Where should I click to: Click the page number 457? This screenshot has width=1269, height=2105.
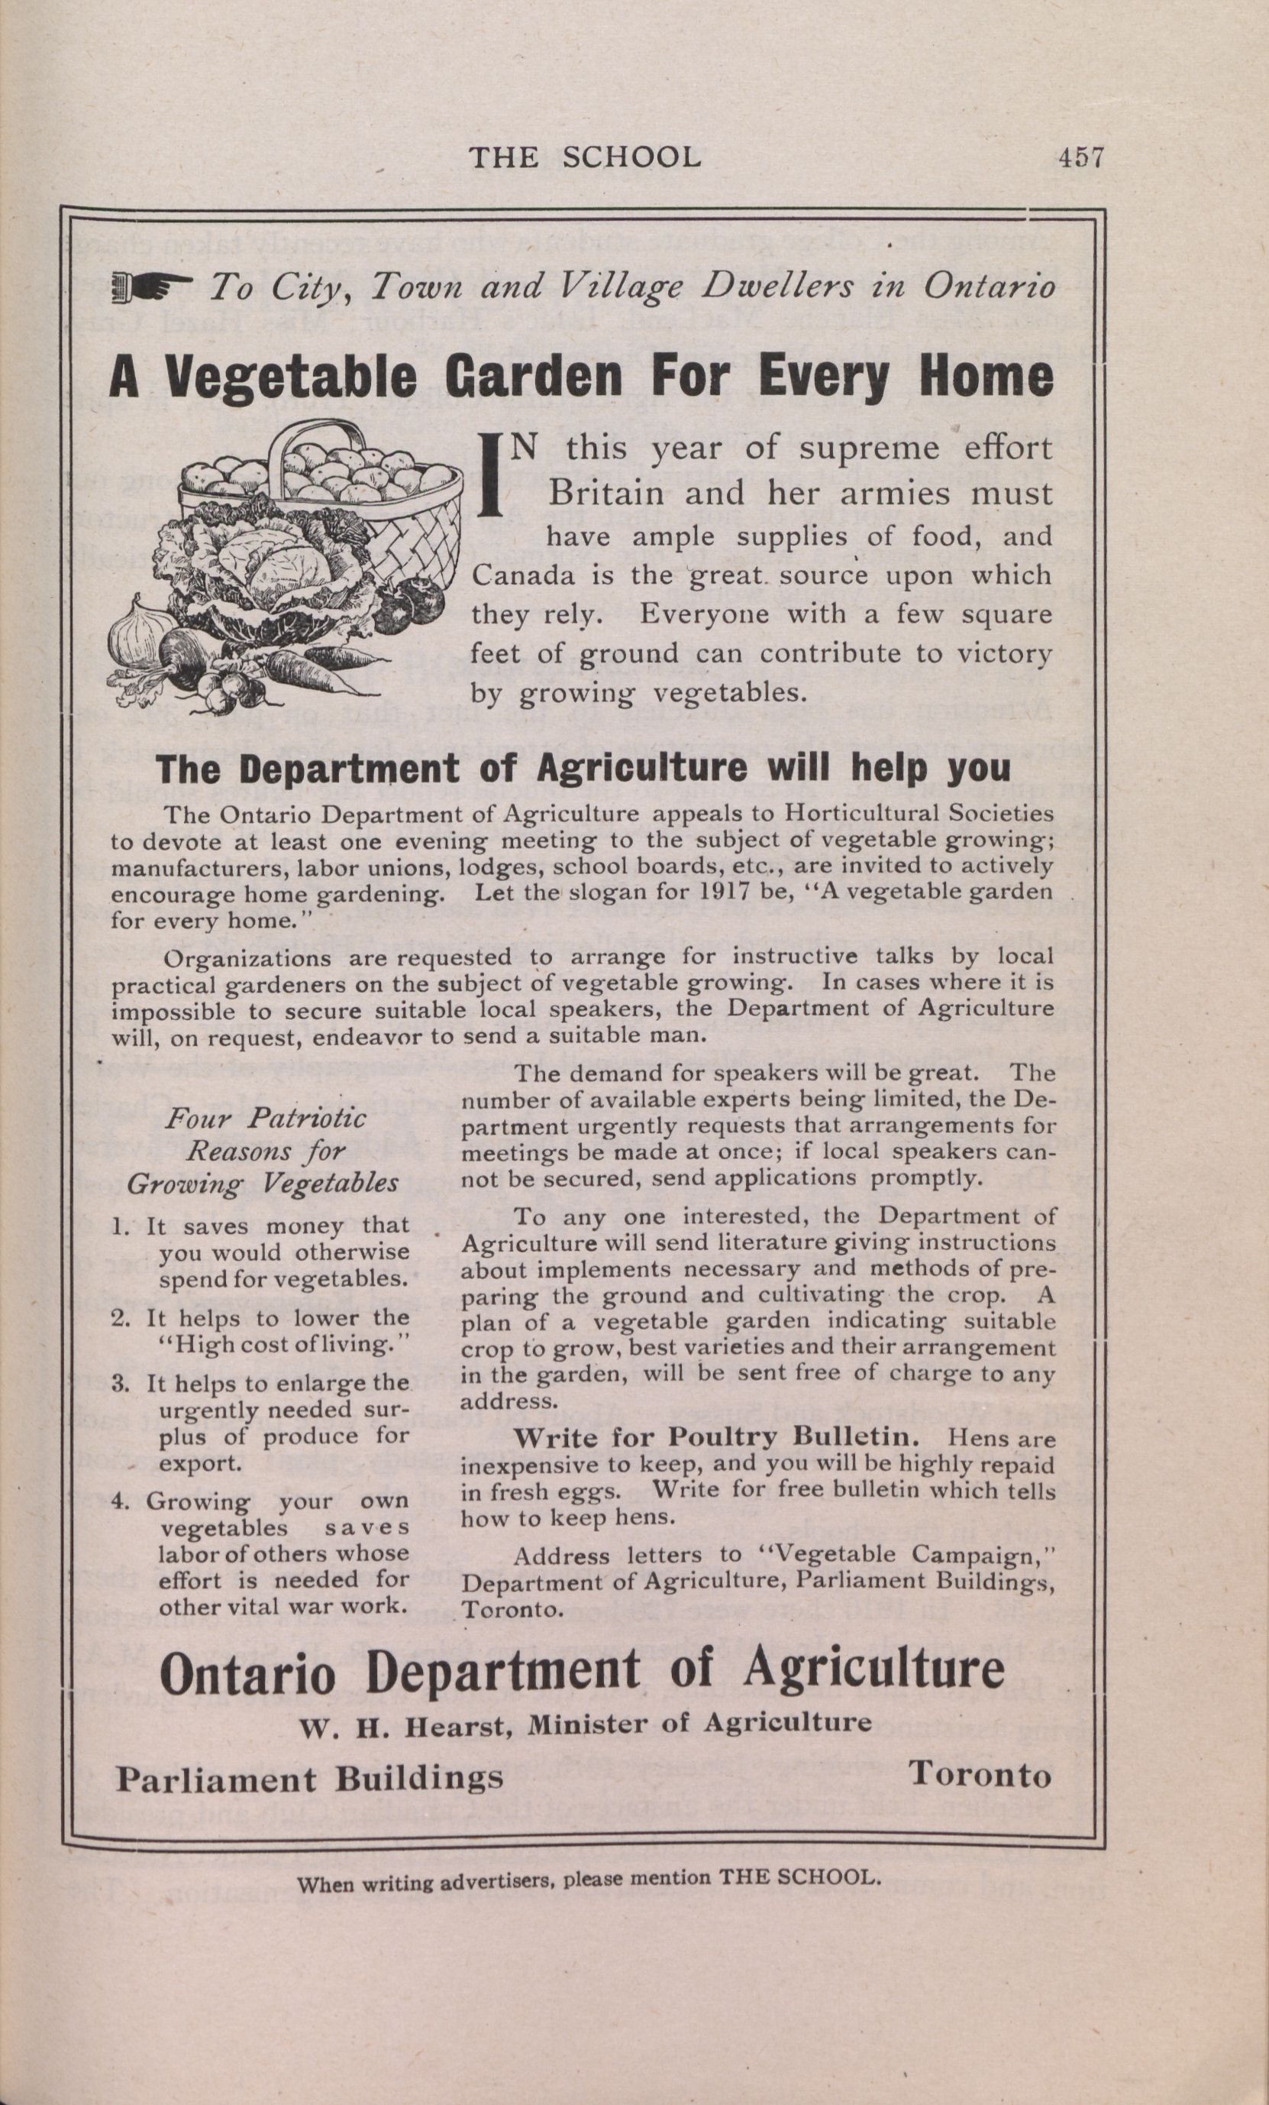pyautogui.click(x=1080, y=158)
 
